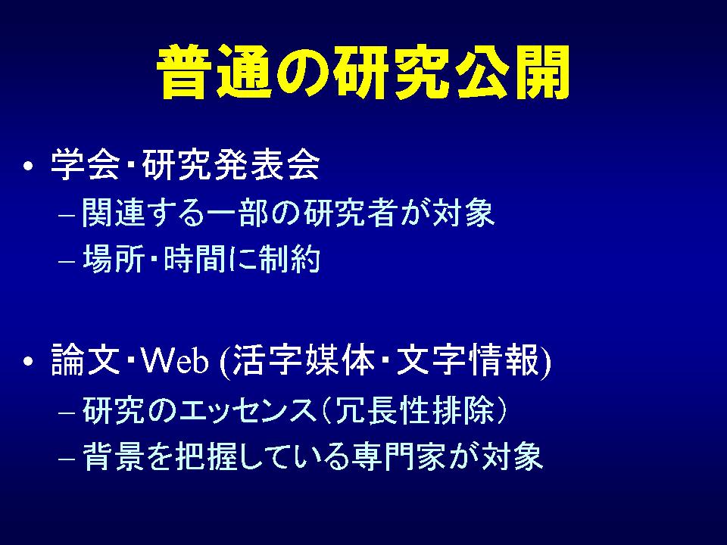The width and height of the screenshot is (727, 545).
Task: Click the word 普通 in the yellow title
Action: [x=214, y=72]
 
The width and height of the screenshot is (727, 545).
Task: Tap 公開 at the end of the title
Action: [x=513, y=72]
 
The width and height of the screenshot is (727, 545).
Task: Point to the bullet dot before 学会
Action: [x=28, y=166]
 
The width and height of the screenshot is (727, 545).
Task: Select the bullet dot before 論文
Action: [x=28, y=361]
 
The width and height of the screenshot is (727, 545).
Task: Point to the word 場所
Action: [x=113, y=259]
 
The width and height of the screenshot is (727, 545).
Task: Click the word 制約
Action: [x=290, y=259]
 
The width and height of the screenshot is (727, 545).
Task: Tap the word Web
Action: [x=175, y=360]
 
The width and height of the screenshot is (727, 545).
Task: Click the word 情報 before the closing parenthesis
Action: [x=504, y=360]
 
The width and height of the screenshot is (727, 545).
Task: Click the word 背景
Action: [x=113, y=456]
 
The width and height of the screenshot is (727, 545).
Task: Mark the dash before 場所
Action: [x=67, y=260]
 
